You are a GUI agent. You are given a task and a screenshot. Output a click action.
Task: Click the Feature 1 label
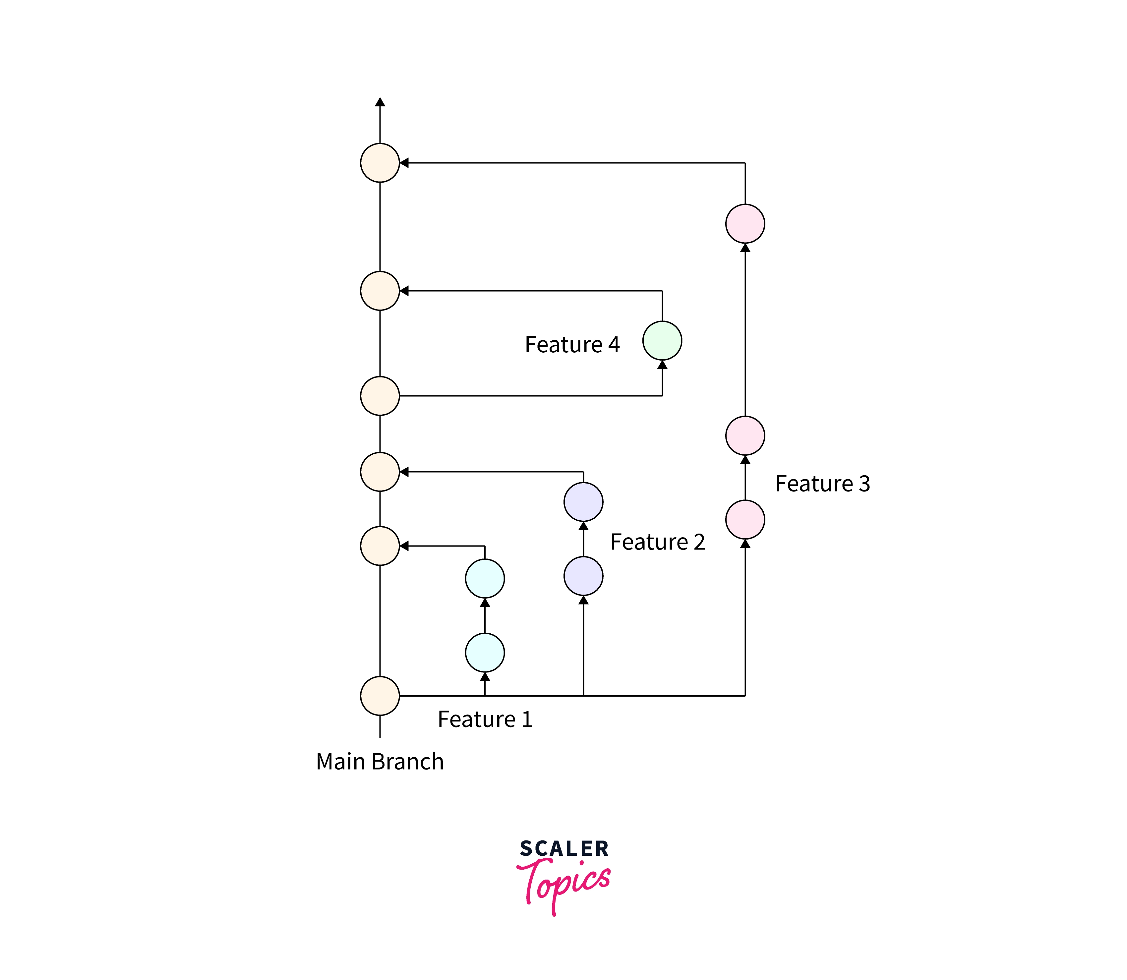485,719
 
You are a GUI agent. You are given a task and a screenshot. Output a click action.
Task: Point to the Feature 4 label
572,345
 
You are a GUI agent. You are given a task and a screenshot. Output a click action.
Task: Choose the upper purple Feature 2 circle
583,501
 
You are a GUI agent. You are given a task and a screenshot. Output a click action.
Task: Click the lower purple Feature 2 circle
583,576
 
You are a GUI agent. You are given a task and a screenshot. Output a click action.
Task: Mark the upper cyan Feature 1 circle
485,579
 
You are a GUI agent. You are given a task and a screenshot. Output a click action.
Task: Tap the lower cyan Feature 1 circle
485,653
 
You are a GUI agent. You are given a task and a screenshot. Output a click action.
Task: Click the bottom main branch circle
380,696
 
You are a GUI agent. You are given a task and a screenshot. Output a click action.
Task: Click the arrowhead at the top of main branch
380,102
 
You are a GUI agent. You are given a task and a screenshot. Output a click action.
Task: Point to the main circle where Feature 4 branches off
380,396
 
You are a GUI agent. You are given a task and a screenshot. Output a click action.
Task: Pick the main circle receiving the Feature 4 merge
380,291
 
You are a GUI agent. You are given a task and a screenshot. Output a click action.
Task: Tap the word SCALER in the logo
564,848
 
